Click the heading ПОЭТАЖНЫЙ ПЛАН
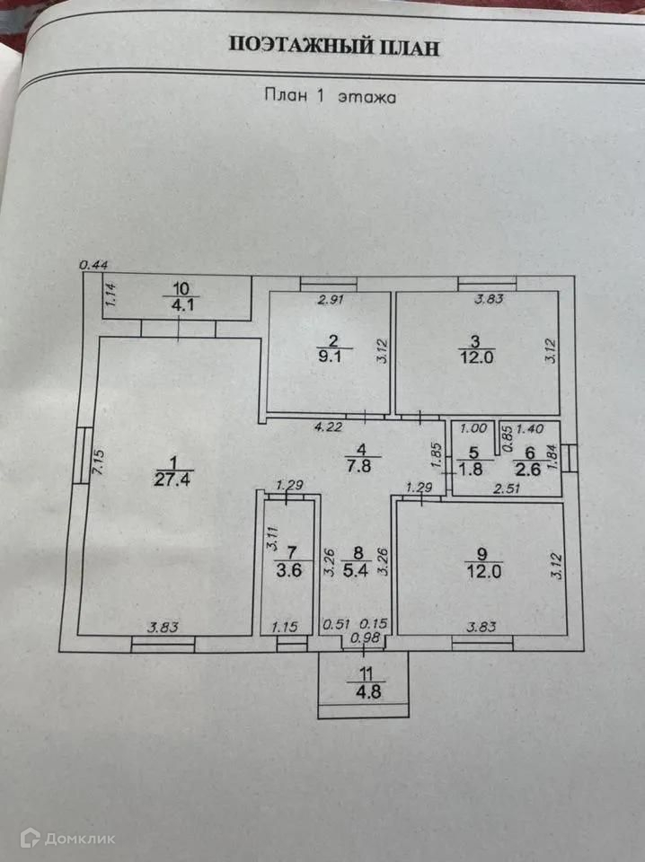[x=335, y=48]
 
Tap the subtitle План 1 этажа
[x=330, y=95]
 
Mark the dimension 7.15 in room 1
[x=99, y=467]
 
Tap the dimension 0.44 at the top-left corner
[x=93, y=263]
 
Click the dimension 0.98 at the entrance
[x=364, y=638]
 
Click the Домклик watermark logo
[x=79, y=839]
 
